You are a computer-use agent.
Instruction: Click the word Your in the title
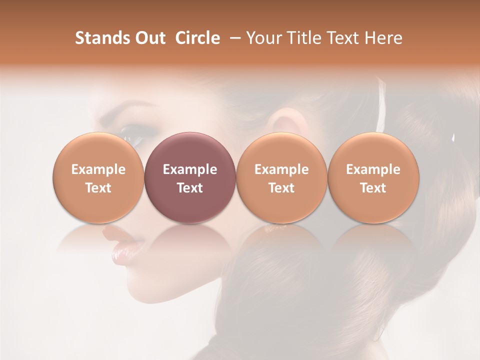pos(264,38)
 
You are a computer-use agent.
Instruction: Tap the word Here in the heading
pos(384,38)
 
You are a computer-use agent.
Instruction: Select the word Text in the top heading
pos(340,38)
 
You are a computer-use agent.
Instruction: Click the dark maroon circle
pos(190,177)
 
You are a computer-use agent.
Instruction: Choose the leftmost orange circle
pos(98,177)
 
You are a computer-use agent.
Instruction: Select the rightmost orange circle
pos(373,177)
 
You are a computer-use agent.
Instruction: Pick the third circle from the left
pos(281,177)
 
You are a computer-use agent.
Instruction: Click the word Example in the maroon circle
pos(190,169)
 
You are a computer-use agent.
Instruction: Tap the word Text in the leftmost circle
pos(98,188)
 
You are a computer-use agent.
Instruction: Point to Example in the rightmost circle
pos(373,169)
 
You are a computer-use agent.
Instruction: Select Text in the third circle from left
pos(281,188)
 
